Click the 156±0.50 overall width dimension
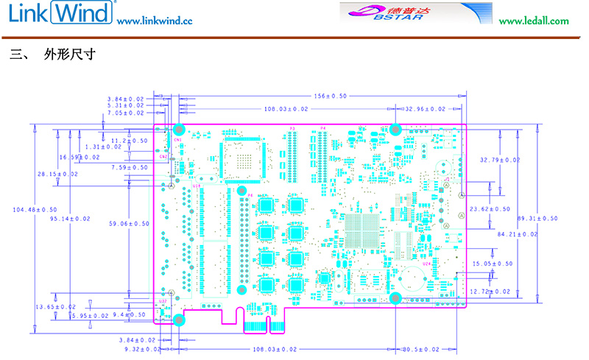point(330,96)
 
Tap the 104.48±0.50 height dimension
point(35,210)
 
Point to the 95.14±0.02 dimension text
point(70,219)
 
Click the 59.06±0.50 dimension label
point(128,224)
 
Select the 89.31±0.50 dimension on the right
point(537,218)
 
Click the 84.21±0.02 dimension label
point(518,234)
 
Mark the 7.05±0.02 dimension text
point(125,113)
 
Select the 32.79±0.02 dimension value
point(500,160)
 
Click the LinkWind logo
point(59,13)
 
